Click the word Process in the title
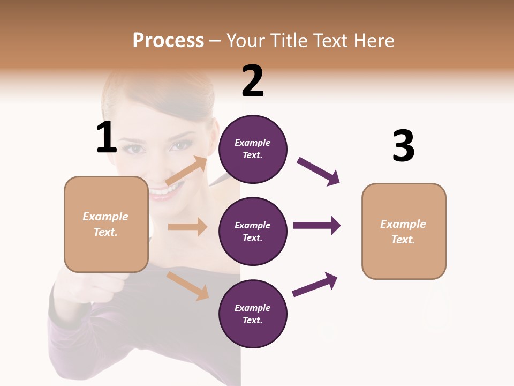click(168, 41)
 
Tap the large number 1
click(107, 137)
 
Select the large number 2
click(253, 81)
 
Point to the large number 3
click(403, 146)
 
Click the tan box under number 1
click(106, 224)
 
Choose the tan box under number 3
click(404, 232)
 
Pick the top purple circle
click(253, 149)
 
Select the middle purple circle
click(253, 231)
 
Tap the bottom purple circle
click(253, 314)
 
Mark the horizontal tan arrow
click(187, 227)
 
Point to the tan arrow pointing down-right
click(188, 286)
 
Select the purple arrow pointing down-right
click(319, 172)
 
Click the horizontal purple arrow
click(317, 225)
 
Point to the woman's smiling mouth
click(162, 192)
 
